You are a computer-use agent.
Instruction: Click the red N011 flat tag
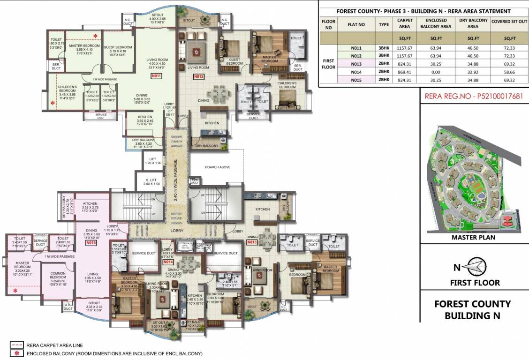click(x=156, y=75)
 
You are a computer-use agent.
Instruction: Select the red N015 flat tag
click(x=91, y=243)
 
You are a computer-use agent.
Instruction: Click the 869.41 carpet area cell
click(x=404, y=71)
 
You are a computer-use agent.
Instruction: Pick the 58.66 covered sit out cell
click(x=509, y=71)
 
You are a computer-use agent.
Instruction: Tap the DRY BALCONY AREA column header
click(x=473, y=23)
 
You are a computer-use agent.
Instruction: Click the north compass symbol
click(x=476, y=268)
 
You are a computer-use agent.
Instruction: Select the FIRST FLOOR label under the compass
click(x=475, y=282)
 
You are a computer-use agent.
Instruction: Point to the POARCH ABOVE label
click(x=218, y=167)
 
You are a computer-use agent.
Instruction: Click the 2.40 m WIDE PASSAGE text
click(x=176, y=180)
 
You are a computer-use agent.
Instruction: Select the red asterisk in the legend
click(x=15, y=353)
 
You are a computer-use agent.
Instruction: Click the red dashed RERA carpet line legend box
click(x=15, y=345)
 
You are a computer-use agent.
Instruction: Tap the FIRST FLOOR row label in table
click(x=328, y=63)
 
